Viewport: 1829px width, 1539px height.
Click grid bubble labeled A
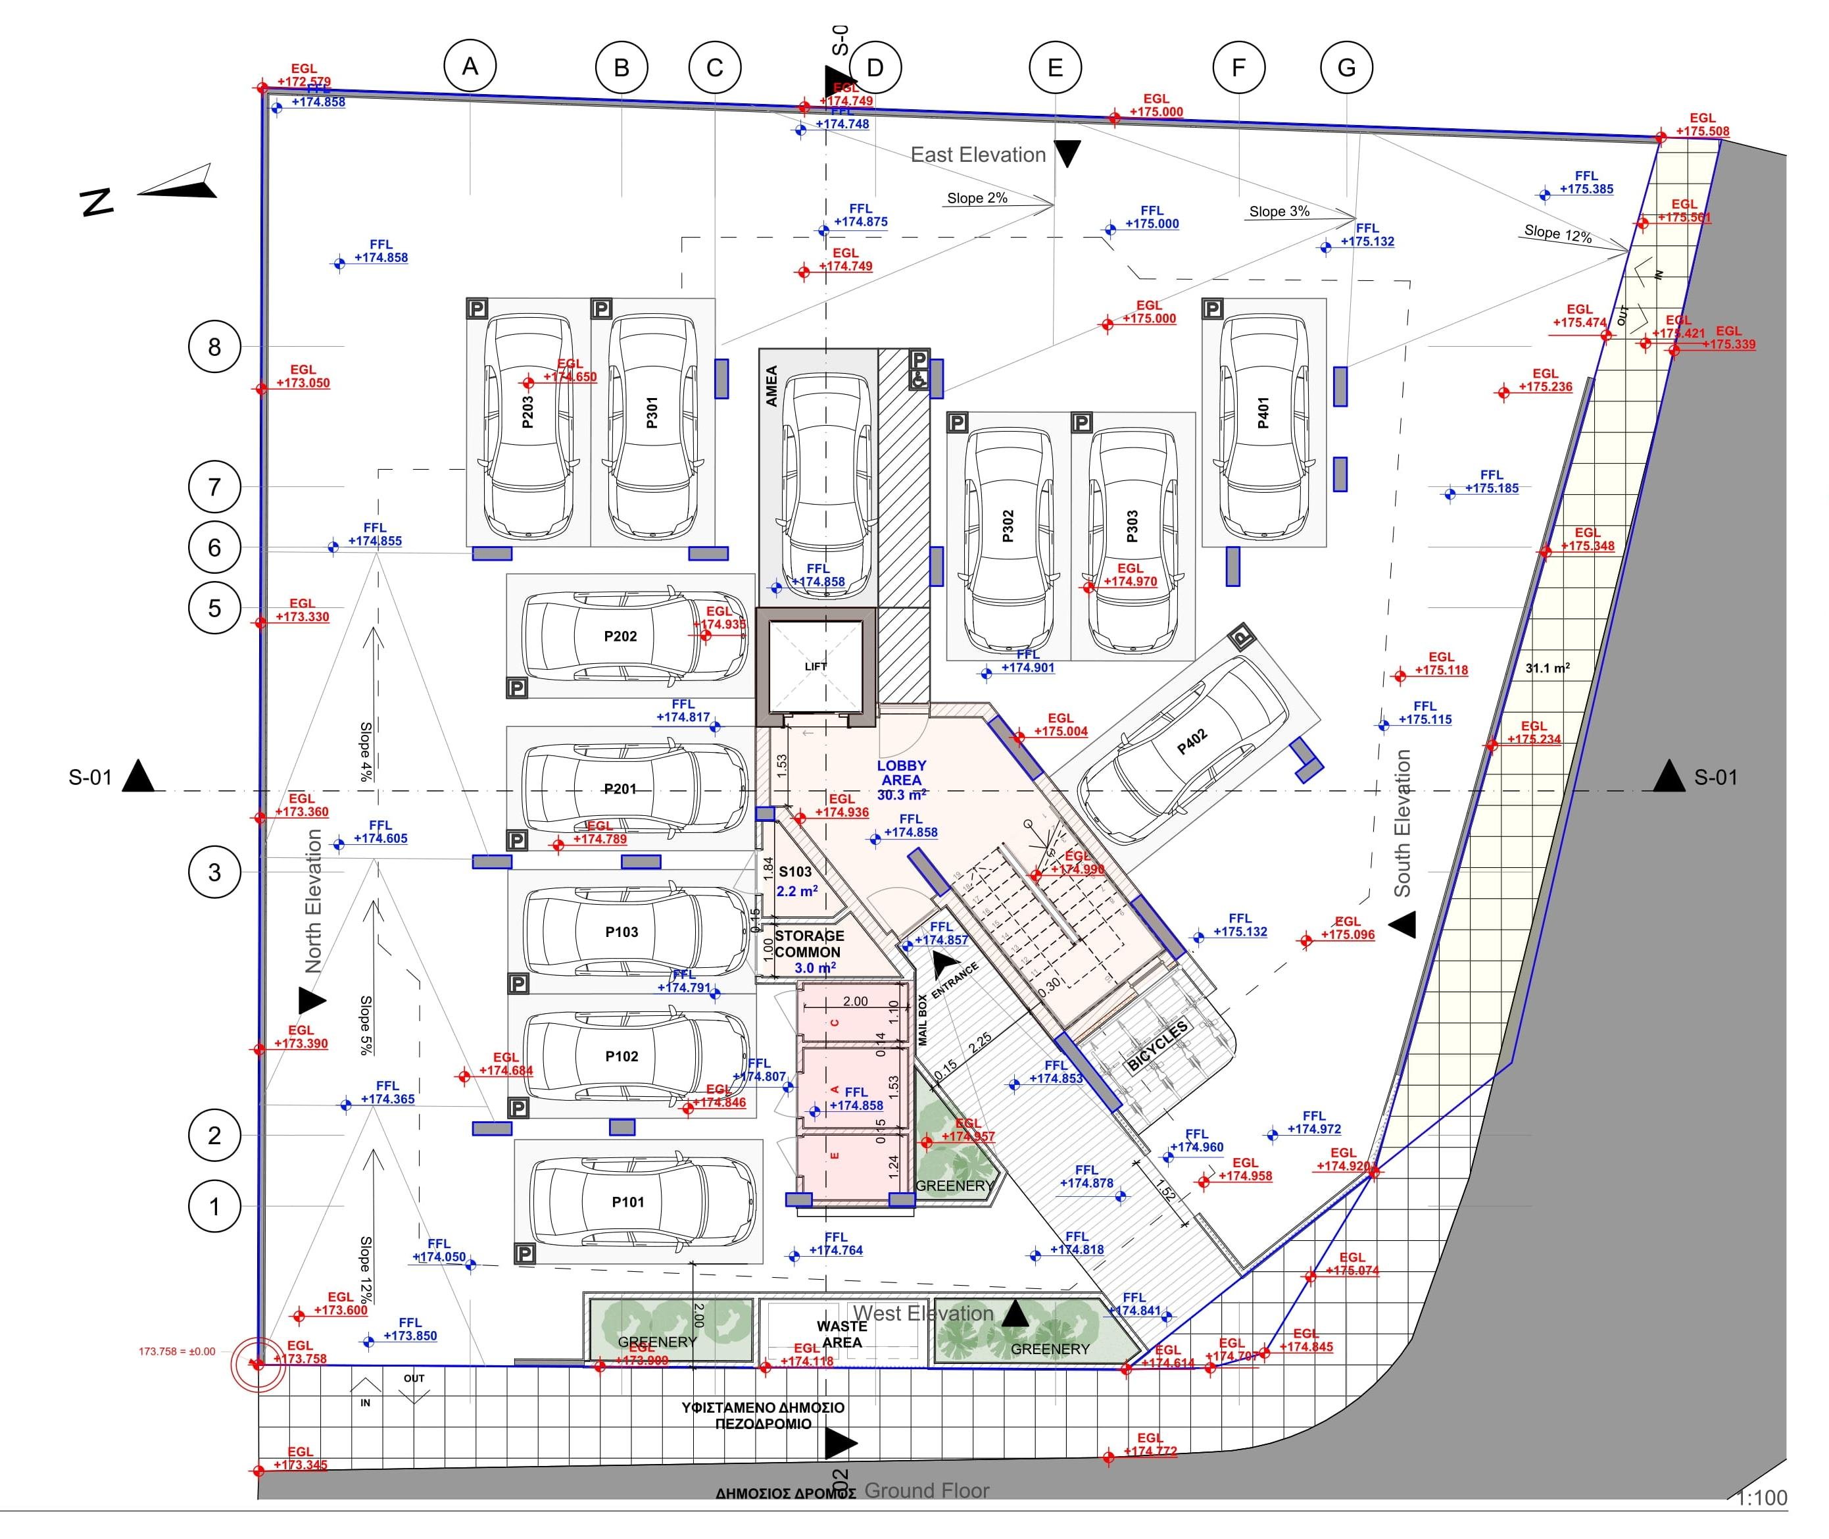470,66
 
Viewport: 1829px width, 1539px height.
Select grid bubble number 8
214,347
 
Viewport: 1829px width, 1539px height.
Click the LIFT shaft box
815,667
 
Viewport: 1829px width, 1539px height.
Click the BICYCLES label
1158,1046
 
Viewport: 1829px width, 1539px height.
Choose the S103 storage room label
795,872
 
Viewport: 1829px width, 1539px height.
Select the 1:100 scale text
1760,1499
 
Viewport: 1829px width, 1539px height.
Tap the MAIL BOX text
923,1020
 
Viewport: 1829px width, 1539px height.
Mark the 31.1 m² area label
1548,669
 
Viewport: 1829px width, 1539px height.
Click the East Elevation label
978,155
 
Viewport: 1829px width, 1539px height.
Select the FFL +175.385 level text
1586,182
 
